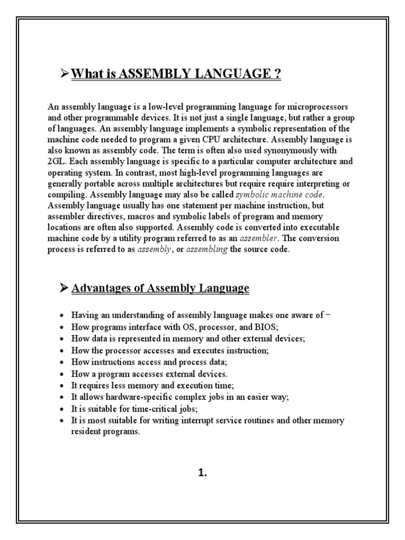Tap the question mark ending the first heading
(x=277, y=74)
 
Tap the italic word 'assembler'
(x=259, y=238)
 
